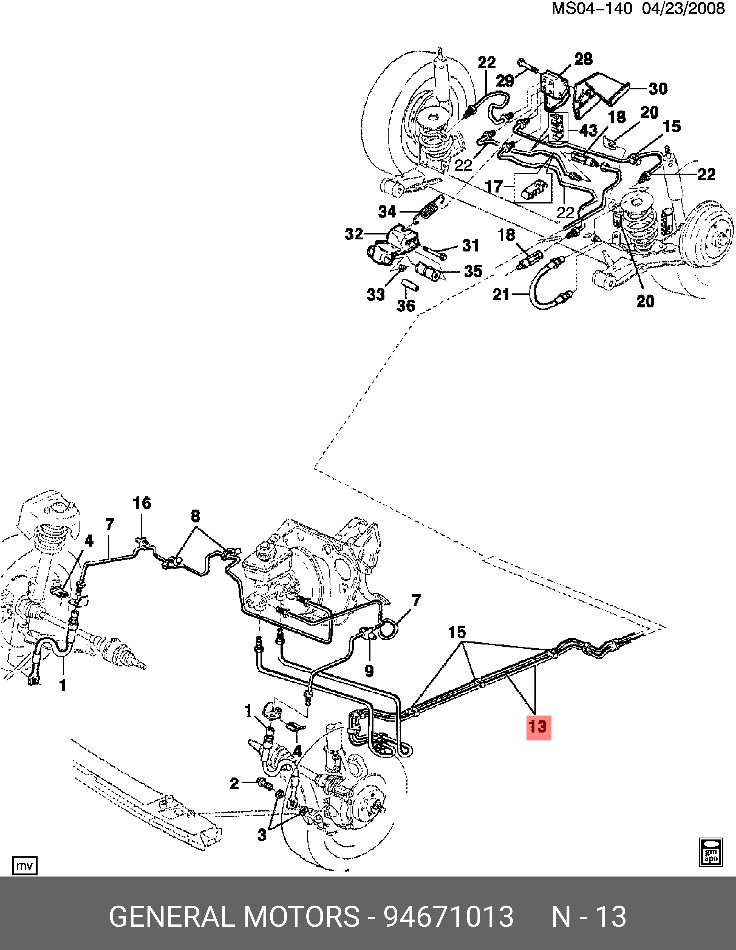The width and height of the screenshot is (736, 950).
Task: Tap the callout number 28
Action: tap(583, 59)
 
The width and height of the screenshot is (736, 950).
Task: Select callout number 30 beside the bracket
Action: tap(658, 89)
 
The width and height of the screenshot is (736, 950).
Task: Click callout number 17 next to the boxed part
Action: tap(494, 187)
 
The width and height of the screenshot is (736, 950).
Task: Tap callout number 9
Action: tap(369, 671)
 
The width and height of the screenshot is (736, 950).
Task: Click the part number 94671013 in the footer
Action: tap(448, 916)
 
